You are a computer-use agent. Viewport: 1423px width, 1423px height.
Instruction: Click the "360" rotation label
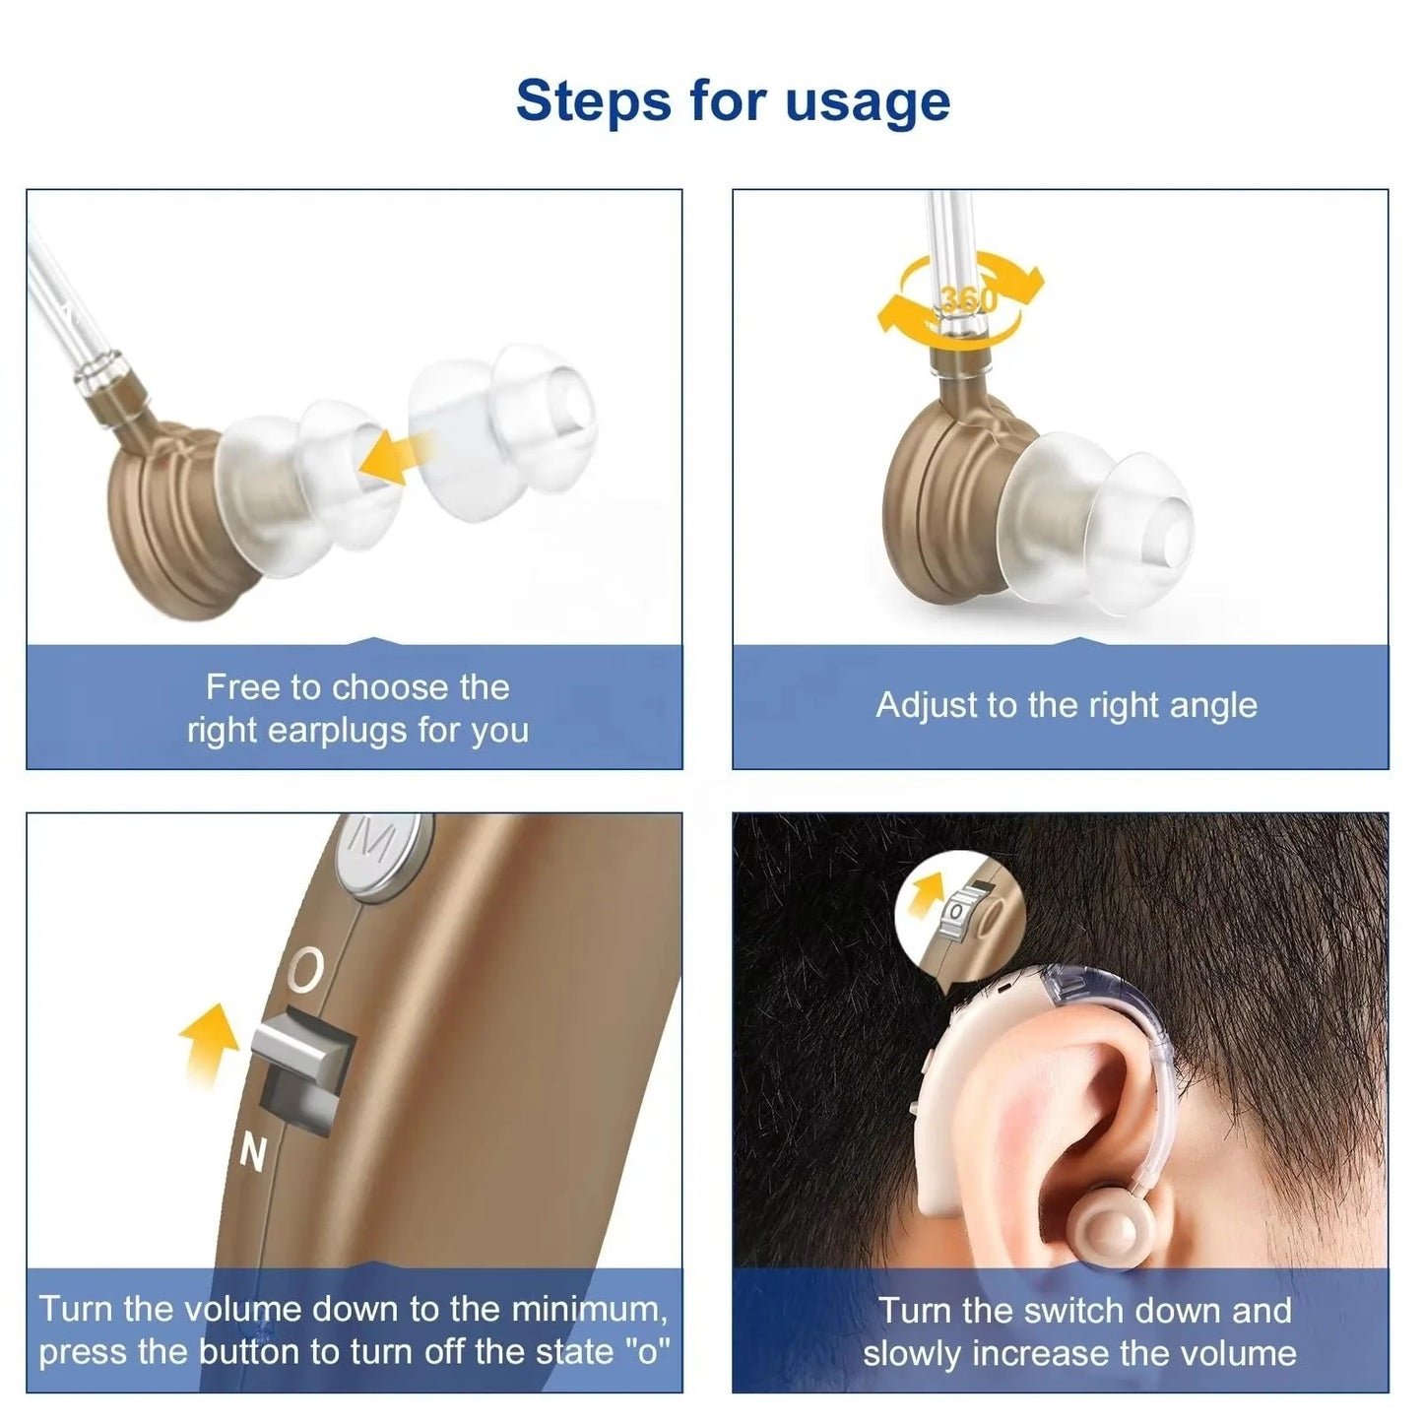967,298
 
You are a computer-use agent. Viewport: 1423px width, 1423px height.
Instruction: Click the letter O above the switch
307,969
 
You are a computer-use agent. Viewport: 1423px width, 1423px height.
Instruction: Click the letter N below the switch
253,1152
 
